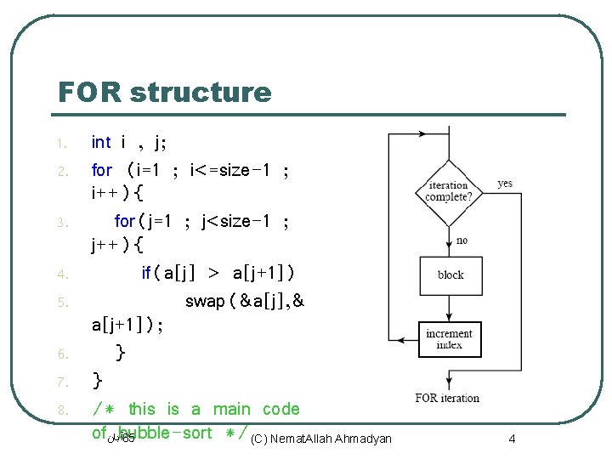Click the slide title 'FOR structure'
[164, 92]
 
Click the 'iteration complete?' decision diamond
[449, 190]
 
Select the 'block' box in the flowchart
[450, 275]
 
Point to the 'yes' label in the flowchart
[505, 184]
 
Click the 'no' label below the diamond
[462, 241]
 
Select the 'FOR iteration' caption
[447, 398]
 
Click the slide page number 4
[512, 439]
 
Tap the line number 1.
[62, 143]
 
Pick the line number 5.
[62, 302]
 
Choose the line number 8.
[62, 411]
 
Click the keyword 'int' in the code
[101, 142]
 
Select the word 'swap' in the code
[205, 301]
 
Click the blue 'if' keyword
[146, 273]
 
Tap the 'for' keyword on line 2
[102, 170]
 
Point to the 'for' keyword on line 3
[125, 221]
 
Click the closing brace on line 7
[99, 379]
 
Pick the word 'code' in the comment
[281, 409]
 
